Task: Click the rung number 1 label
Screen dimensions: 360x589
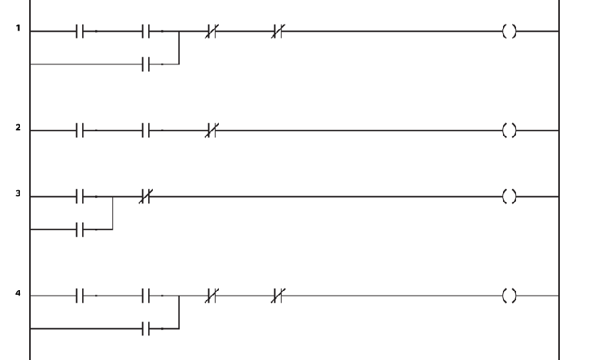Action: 17,30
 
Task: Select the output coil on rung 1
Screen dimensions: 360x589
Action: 508,31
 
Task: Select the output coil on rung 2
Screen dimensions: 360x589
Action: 508,131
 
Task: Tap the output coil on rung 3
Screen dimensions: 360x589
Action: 508,197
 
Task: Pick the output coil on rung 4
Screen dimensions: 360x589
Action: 508,296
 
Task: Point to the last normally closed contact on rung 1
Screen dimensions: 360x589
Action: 279,31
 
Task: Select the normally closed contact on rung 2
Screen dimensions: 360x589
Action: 213,131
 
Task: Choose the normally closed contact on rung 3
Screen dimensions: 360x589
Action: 147,197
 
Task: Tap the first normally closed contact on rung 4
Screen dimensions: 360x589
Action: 213,296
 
